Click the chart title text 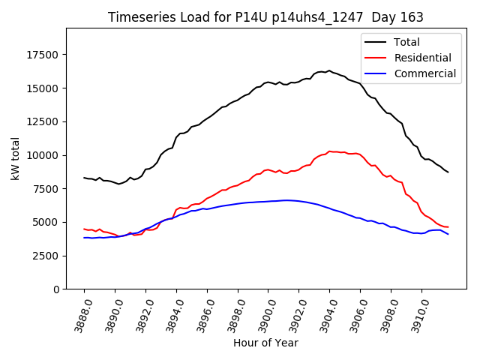click(265, 17)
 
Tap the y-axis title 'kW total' click(16, 158)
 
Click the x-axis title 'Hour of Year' click(265, 343)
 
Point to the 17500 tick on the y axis click(43, 55)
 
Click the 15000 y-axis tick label click(43, 88)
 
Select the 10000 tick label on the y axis click(43, 155)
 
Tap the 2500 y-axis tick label click(46, 256)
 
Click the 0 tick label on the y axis click(57, 289)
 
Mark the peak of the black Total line click(329, 70)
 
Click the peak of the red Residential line click(329, 151)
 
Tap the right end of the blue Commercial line click(448, 234)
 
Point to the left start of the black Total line click(84, 178)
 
